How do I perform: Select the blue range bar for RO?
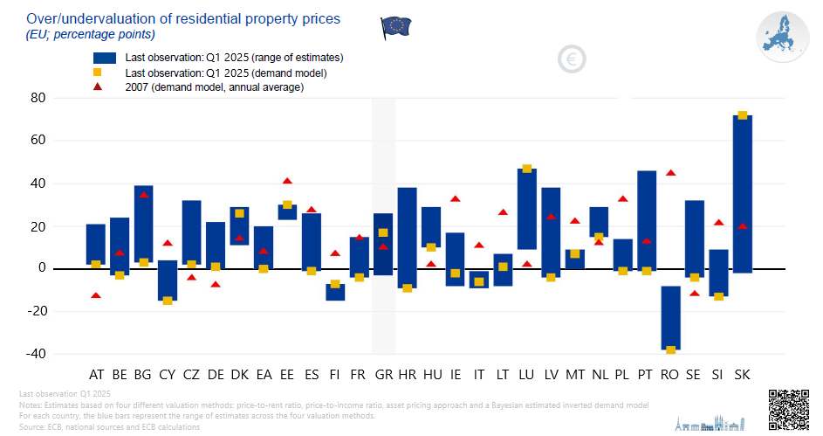click(x=670, y=318)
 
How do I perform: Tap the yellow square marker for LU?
click(x=526, y=169)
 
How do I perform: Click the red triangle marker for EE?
click(x=287, y=181)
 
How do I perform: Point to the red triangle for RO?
click(x=670, y=173)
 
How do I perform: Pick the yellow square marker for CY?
click(x=167, y=301)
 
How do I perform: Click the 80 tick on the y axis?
click(x=63, y=98)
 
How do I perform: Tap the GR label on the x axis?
click(x=383, y=375)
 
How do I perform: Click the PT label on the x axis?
click(x=647, y=375)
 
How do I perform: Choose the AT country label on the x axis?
click(x=96, y=375)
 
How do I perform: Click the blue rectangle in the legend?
click(x=105, y=58)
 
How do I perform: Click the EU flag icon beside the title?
click(x=395, y=27)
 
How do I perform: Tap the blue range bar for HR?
click(x=407, y=238)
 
